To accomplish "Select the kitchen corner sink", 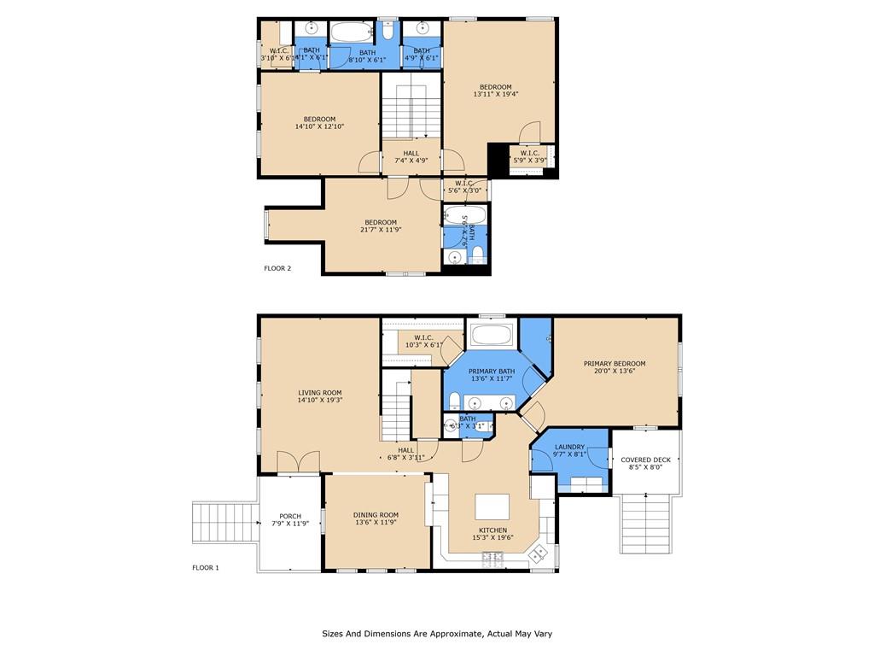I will point(539,554).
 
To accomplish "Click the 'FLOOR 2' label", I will point(277,268).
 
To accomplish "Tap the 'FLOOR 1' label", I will point(206,567).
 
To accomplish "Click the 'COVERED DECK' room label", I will point(645,460).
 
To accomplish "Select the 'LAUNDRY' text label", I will point(569,447).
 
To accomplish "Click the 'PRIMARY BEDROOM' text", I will point(615,363).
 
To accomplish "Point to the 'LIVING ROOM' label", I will point(320,392).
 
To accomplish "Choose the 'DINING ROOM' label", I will point(376,515).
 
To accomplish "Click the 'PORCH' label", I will point(290,515).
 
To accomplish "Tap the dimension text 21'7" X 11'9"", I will point(381,230).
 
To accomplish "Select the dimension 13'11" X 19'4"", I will point(495,95).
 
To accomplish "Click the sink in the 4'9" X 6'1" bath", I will point(422,28).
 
